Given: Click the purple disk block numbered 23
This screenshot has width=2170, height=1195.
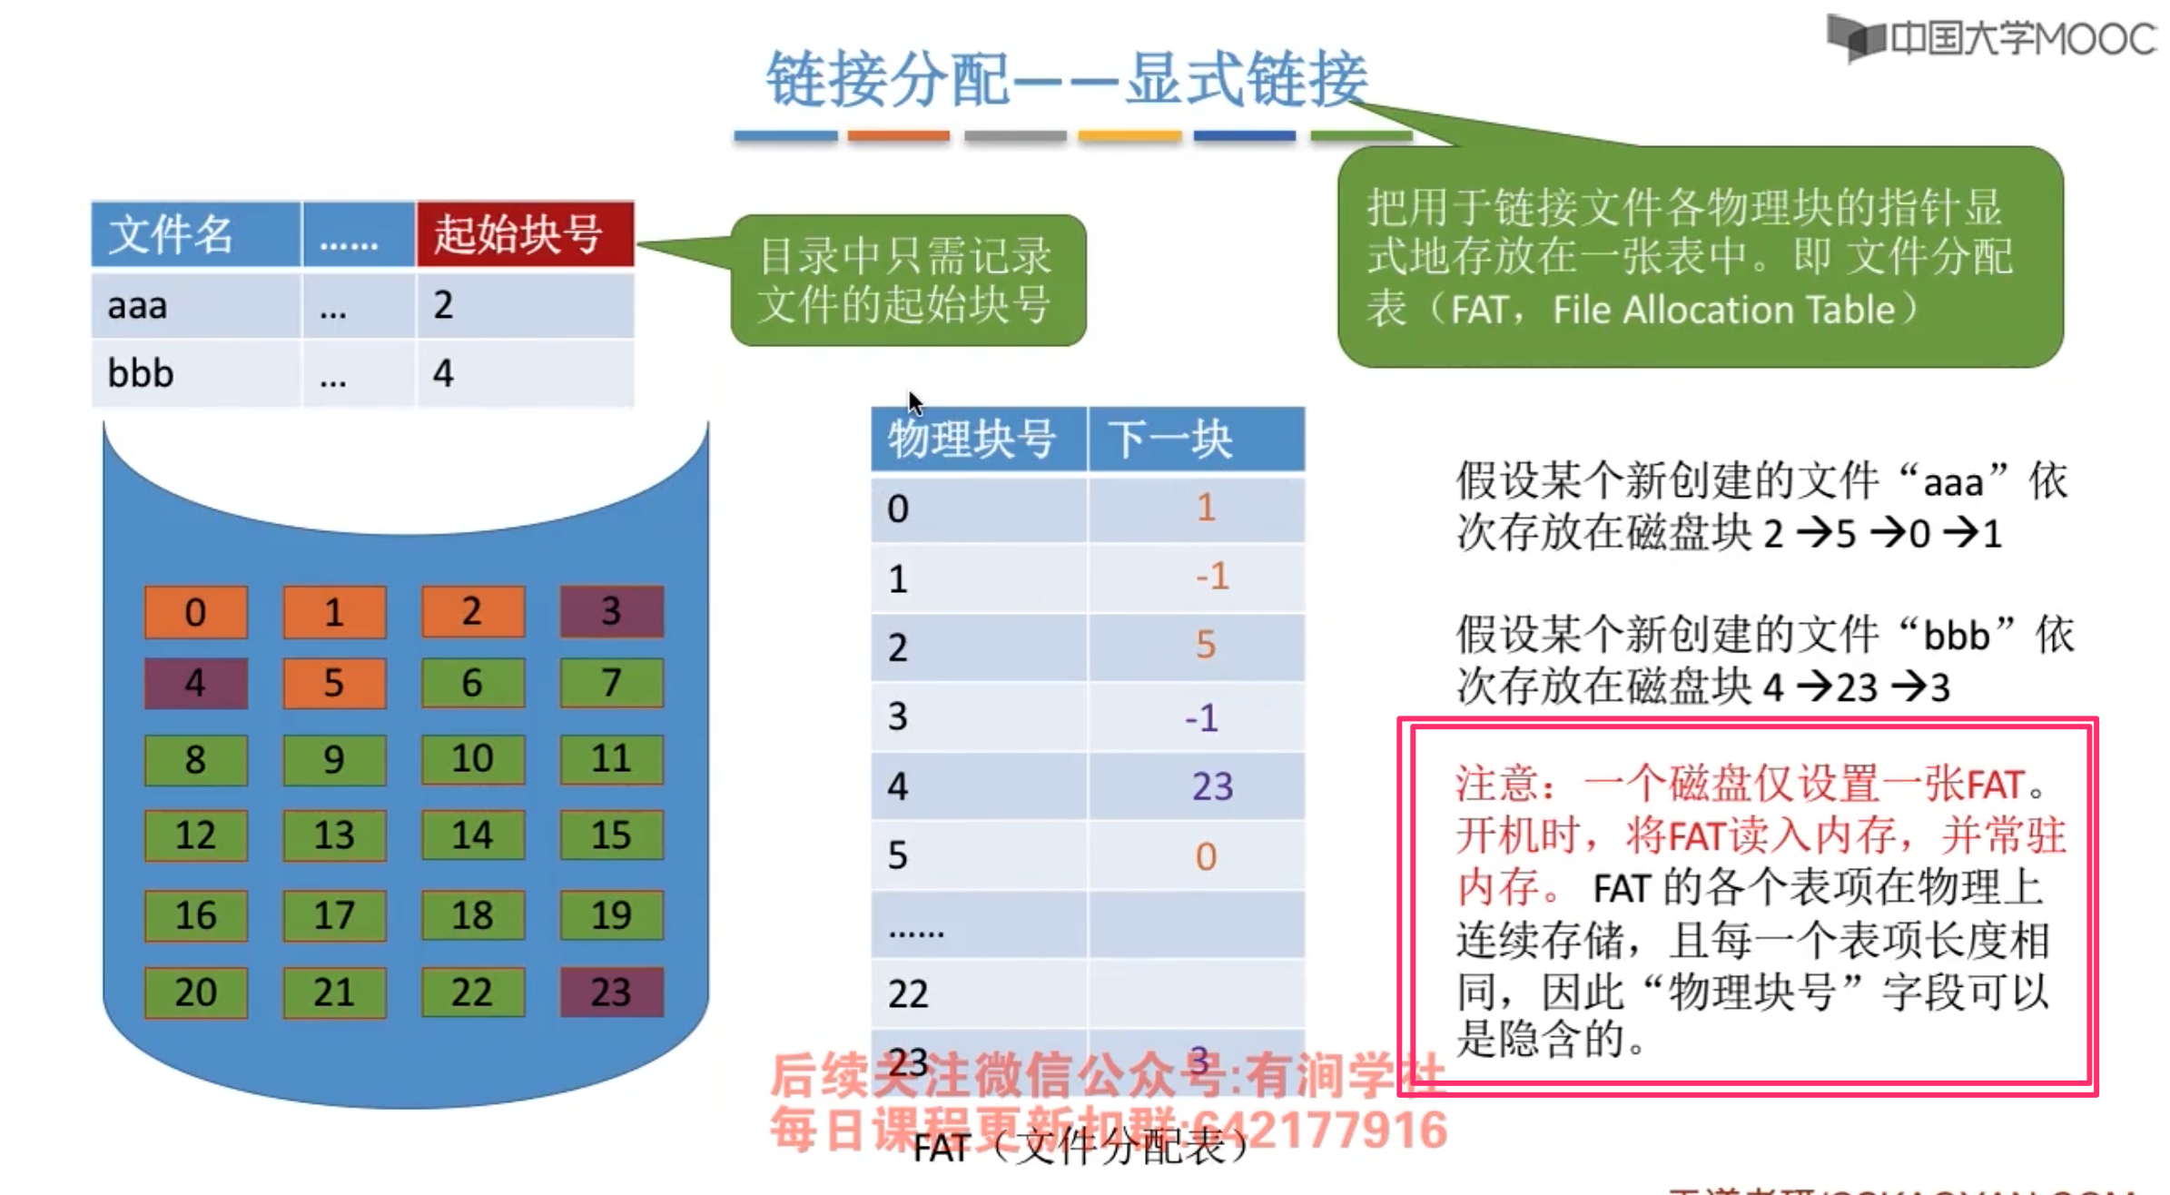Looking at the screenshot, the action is pos(611,992).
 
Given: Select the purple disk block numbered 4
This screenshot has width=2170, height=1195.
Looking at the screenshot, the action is pos(195,683).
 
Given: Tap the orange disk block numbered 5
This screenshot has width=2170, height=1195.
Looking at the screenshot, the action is pos(334,683).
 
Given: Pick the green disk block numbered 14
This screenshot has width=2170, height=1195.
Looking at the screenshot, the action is pos(472,835).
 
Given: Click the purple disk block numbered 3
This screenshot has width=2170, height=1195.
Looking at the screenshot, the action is pos(611,611).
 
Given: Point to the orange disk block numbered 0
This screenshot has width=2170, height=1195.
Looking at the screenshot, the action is pos(195,612).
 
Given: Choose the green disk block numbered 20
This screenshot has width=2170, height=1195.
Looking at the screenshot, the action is pos(195,992).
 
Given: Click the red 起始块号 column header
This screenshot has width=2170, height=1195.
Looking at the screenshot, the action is pos(525,234).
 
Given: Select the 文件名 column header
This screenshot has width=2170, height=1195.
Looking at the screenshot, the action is pos(195,234).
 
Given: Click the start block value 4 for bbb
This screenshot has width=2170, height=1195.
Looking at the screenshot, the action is pos(443,373).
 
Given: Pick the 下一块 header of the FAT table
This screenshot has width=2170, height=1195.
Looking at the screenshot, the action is pos(1196,439).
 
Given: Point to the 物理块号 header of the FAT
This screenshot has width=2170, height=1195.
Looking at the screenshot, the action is pos(978,439).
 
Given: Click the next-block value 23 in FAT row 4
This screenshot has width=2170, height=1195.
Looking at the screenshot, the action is pos(1212,786).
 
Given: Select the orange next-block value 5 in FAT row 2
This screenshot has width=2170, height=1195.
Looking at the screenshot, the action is pos(1205,646).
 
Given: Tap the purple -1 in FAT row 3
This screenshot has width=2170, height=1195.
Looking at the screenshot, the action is pos(1201,717).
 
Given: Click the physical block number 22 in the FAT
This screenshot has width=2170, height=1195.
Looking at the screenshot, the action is pos(908,994).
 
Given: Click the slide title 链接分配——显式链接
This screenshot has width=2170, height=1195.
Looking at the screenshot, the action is pos(1067,79).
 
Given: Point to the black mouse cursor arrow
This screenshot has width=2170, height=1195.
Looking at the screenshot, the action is pos(914,403).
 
